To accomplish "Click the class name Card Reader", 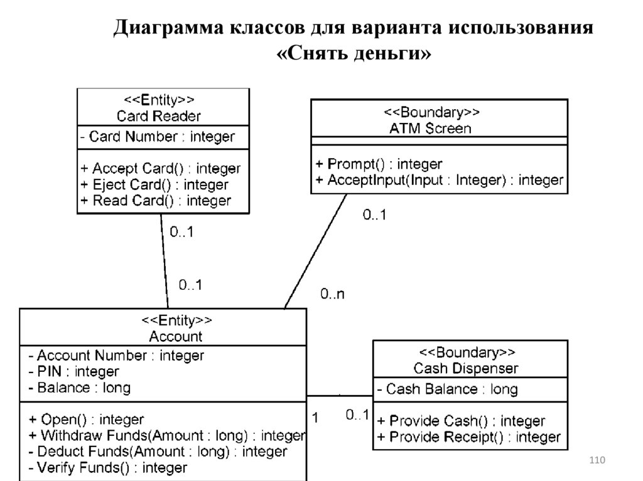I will click(x=159, y=116).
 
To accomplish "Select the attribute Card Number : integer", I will click(x=158, y=137).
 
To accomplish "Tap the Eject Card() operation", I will click(x=154, y=185).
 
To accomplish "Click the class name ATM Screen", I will click(x=431, y=129).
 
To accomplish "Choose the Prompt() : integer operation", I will click(x=379, y=164).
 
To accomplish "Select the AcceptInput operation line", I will click(x=439, y=181).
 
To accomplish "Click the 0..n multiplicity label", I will click(x=332, y=293).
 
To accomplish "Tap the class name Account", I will click(x=176, y=336).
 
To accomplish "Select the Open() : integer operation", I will click(x=87, y=419).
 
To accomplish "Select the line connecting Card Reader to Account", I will click(x=165, y=260).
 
